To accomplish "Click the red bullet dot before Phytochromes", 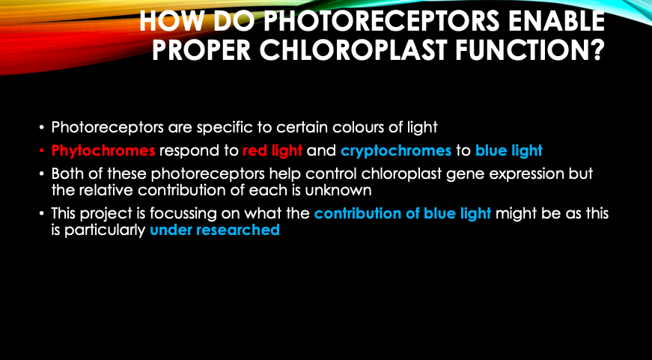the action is (x=42, y=150).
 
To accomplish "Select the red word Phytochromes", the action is (x=103, y=150).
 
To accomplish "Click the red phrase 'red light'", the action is (x=272, y=150).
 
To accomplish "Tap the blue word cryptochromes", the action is (x=396, y=151).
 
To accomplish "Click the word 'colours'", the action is (x=358, y=127).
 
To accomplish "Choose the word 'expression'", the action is (x=525, y=174).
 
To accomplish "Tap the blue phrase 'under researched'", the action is (x=215, y=230).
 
